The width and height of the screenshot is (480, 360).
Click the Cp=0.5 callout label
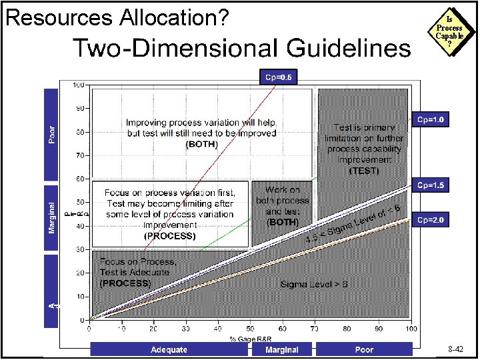(278, 77)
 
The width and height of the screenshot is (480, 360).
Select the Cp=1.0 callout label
(431, 120)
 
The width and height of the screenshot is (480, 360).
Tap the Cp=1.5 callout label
(431, 185)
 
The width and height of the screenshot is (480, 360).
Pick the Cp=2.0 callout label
(431, 220)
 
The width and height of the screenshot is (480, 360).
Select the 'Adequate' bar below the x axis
(169, 349)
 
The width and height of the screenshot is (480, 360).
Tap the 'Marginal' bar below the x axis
(281, 349)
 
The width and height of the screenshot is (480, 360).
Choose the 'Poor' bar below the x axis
(364, 349)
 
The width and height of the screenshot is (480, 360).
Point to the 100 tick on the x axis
(411, 329)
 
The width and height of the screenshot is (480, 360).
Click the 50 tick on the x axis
(250, 329)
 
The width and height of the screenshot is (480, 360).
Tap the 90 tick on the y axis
(79, 108)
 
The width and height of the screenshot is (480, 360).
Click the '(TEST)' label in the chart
(364, 171)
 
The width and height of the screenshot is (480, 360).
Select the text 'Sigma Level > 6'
(315, 285)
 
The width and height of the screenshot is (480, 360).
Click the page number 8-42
(457, 349)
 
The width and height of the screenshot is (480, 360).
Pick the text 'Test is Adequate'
(134, 272)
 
